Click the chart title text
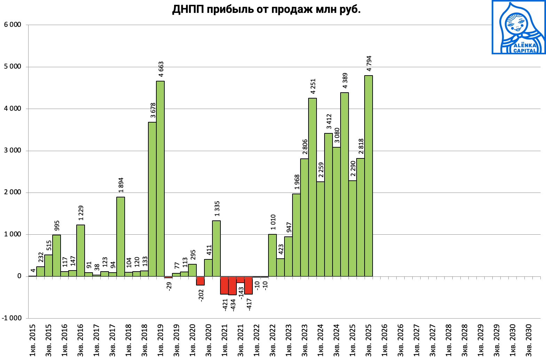tap(266, 9)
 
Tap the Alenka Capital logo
tap(518, 27)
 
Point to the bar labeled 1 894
tap(120, 237)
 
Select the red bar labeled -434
tap(232, 285)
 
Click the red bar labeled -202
tap(200, 281)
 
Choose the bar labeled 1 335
tap(216, 249)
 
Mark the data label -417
tap(249, 304)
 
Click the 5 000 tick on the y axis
tap(13, 67)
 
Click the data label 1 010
tap(273, 222)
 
